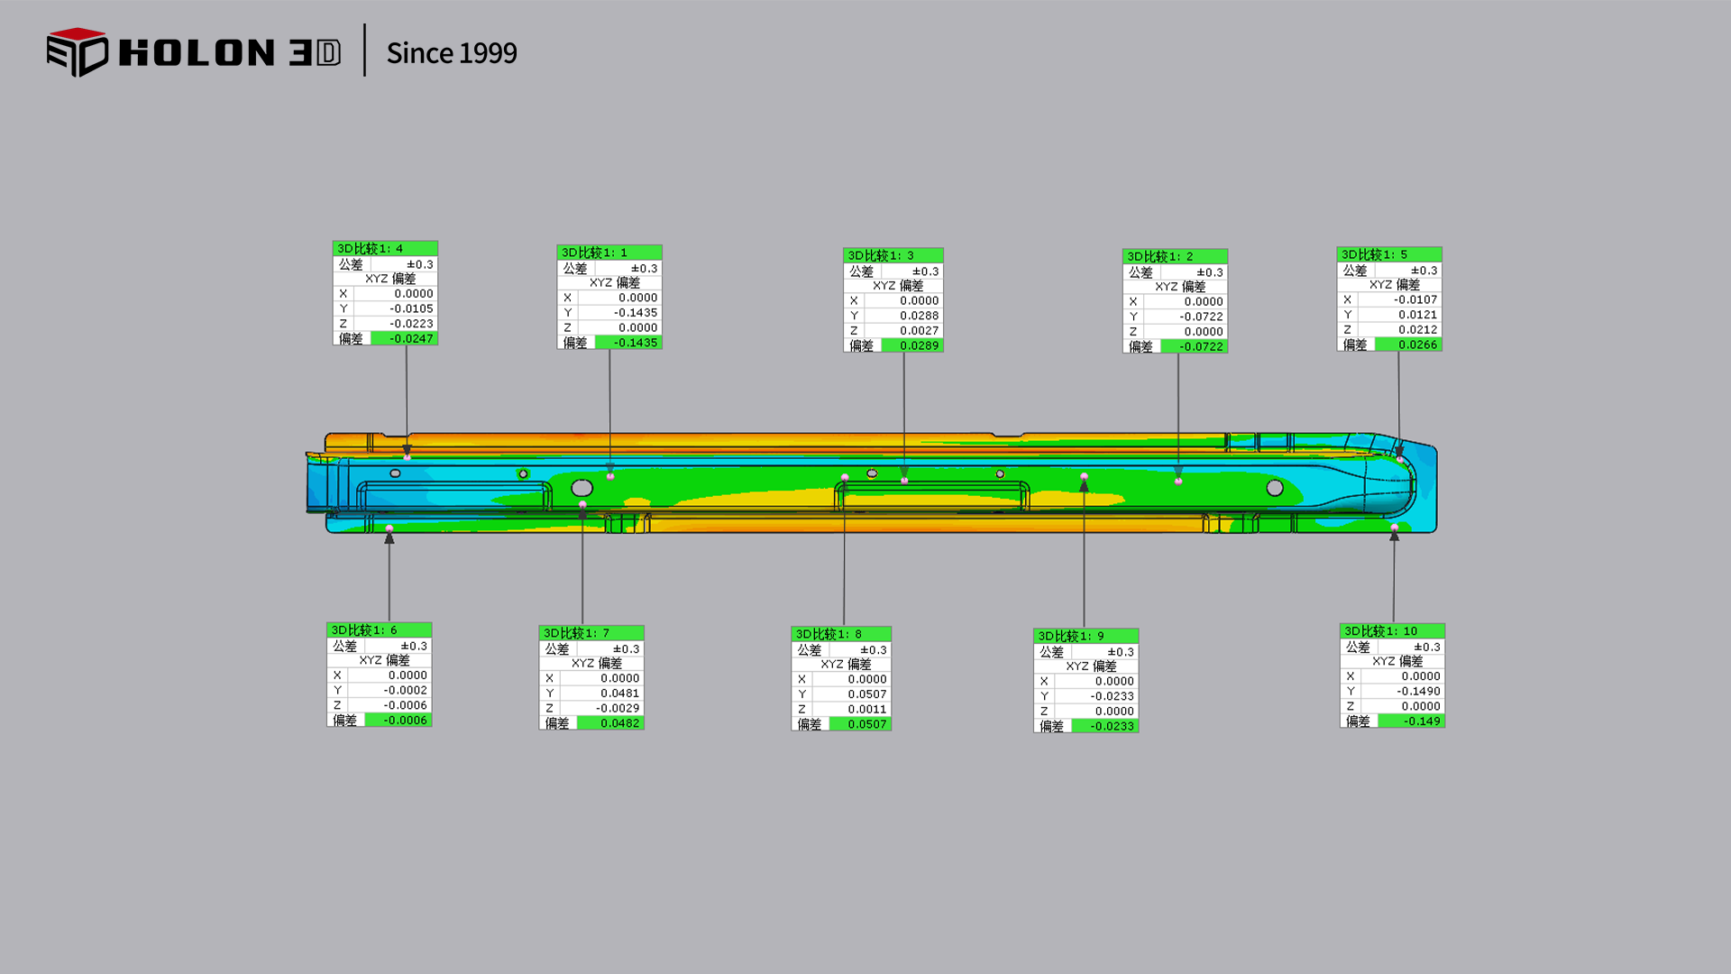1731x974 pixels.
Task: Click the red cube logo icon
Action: pos(78,52)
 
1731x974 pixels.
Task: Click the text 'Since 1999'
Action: pos(452,53)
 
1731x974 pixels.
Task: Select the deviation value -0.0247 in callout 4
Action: pos(411,338)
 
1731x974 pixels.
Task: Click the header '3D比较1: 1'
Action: pos(594,253)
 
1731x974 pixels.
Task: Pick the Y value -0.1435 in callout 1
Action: pos(636,313)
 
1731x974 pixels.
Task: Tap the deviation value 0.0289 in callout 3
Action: pos(919,345)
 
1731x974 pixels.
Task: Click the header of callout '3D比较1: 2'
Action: pos(1160,256)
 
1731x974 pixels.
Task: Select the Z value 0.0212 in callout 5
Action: pos(1418,329)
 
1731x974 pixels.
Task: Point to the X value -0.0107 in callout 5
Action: pos(1415,299)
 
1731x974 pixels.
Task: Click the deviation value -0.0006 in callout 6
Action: pos(405,720)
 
